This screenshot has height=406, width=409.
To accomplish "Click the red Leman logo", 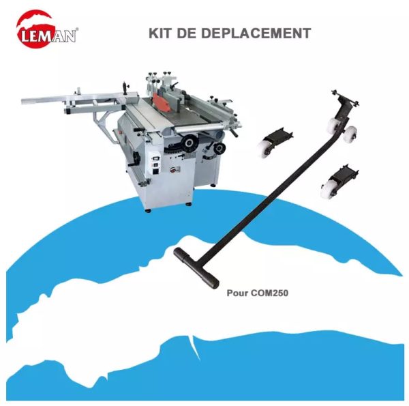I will click(46, 30).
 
